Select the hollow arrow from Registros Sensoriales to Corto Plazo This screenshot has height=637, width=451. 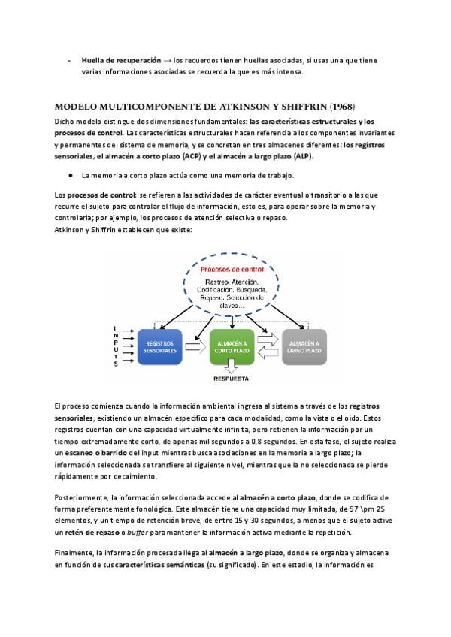point(192,347)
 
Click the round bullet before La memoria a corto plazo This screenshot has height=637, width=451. point(69,174)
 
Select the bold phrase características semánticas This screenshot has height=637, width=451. point(160,564)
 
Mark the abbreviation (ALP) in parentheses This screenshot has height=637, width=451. point(303,156)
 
